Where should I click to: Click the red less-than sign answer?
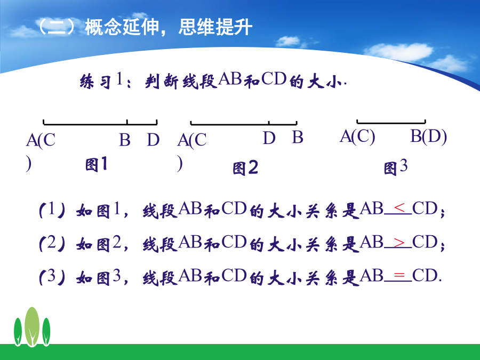[x=399, y=208]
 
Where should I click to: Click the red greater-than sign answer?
[x=399, y=243]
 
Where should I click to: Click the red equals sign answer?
[x=399, y=276]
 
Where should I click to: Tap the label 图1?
[x=96, y=164]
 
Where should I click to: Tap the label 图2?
[x=245, y=168]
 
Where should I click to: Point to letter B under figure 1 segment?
[x=125, y=140]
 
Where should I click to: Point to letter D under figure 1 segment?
[x=154, y=140]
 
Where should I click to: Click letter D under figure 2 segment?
[x=269, y=138]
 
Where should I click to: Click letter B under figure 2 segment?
[x=297, y=137]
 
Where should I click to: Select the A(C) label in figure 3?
[x=357, y=137]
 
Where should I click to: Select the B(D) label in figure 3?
[x=428, y=137]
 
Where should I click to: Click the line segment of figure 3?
[x=391, y=123]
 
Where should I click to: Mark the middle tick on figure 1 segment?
[x=127, y=122]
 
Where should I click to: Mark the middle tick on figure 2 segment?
[x=268, y=123]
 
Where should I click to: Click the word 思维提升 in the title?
[x=215, y=27]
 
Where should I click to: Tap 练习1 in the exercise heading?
[x=101, y=81]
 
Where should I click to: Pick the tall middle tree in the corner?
[x=32, y=326]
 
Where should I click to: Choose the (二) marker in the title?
[x=56, y=27]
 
